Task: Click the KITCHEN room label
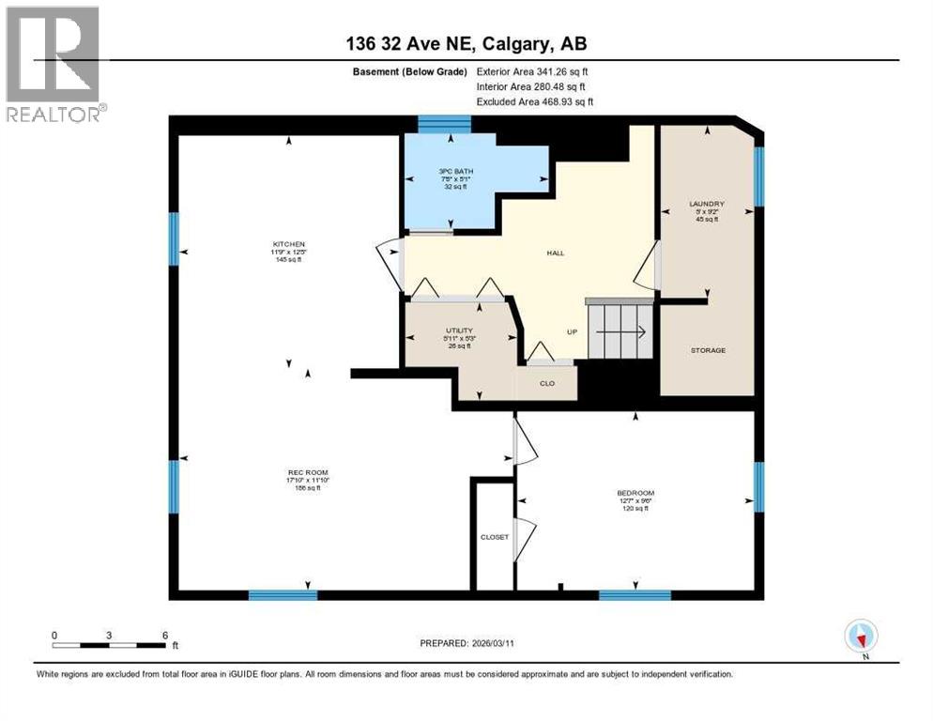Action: coord(290,244)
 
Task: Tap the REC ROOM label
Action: coord(307,471)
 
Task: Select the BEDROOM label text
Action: coord(635,493)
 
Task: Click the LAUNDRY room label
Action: coord(707,203)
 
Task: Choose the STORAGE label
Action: coord(708,350)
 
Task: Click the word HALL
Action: coord(556,253)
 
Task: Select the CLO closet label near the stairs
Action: coord(547,383)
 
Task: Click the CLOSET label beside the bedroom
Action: coord(494,537)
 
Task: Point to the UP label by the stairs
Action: coord(571,331)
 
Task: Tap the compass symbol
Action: coord(861,636)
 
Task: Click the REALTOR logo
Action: coord(53,64)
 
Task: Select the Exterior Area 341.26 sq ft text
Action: coord(533,71)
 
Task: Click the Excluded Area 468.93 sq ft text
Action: coord(535,101)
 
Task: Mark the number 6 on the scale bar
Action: coord(165,635)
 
